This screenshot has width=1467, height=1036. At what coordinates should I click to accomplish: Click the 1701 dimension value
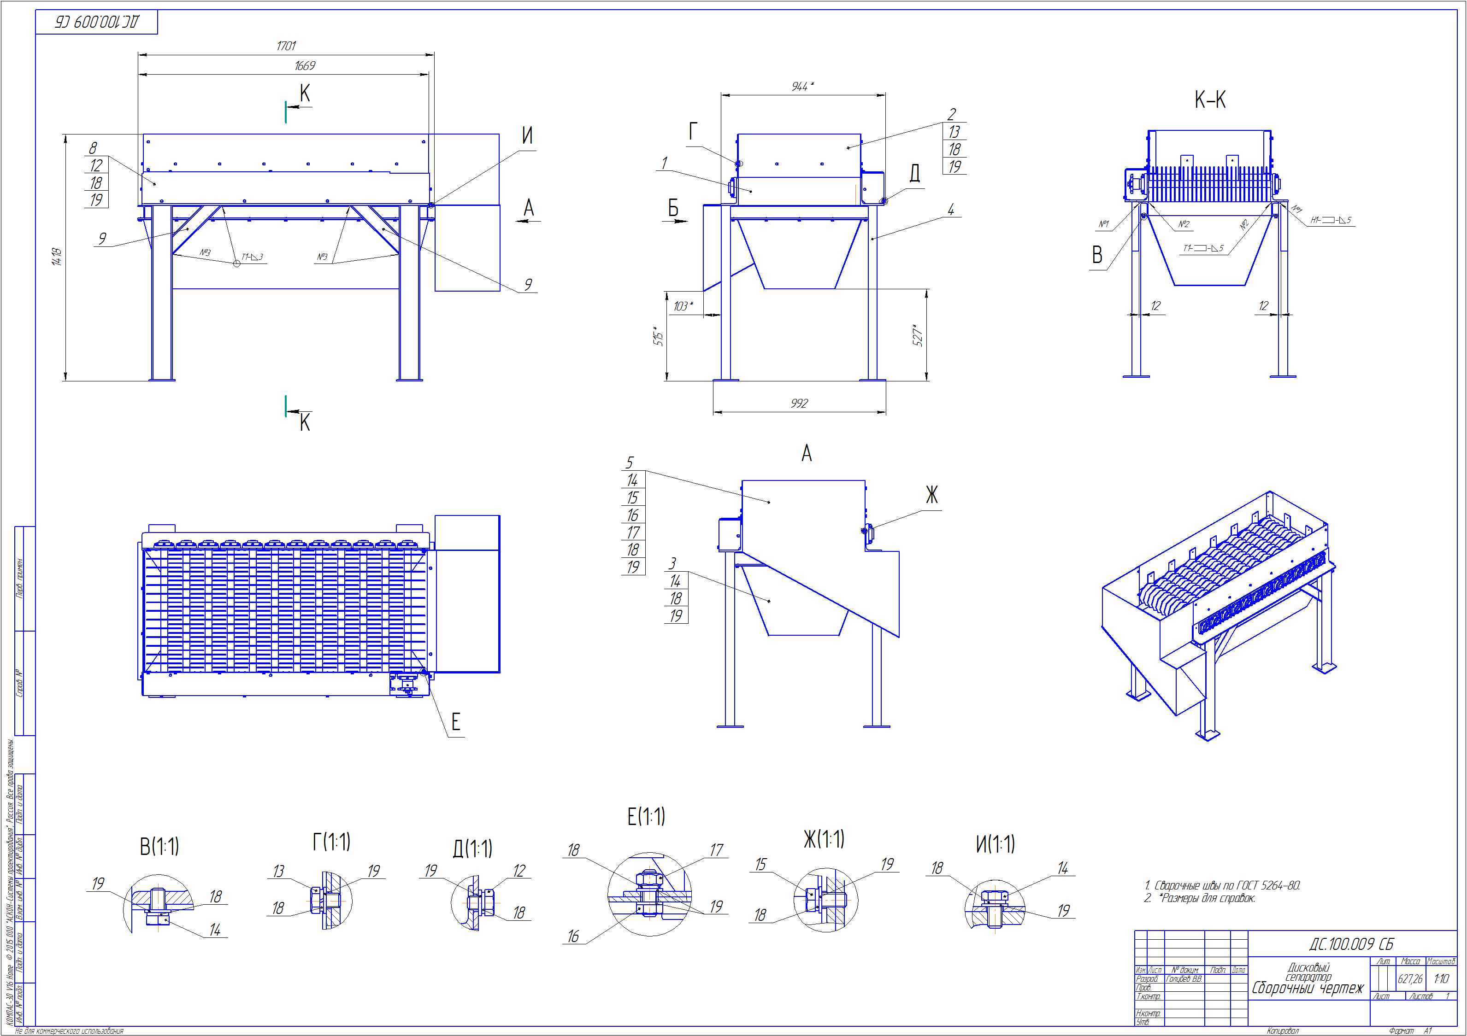pos(286,46)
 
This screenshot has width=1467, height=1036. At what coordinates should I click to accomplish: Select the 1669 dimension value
pos(305,66)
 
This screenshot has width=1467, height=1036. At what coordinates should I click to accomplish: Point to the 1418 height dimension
pos(57,257)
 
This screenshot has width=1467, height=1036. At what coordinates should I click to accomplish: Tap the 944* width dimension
pos(802,86)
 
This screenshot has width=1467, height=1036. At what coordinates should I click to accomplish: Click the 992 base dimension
pos(799,403)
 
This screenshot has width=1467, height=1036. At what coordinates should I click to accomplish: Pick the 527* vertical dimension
pos(918,335)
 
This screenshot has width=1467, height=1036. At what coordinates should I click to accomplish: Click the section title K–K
pos(1209,100)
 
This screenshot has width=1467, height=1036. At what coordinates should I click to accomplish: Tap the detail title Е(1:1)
pos(646,816)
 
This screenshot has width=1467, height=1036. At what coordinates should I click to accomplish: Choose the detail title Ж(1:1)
pos(824,839)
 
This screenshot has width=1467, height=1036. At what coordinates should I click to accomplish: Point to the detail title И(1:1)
pos(995,844)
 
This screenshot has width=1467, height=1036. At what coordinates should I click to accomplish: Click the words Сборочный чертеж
pos(1307,988)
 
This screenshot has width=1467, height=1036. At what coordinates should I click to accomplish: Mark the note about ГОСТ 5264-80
pos(1222,885)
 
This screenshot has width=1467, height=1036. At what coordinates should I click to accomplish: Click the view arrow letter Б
pos(673,208)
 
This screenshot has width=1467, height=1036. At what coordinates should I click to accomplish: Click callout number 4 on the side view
pos(951,210)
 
